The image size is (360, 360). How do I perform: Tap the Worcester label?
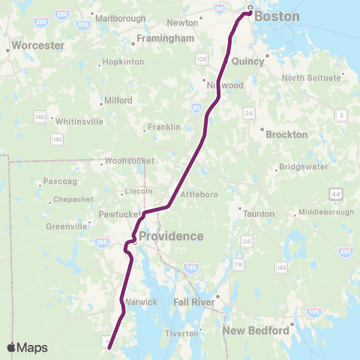[x=35, y=45]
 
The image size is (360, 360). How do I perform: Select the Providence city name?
[x=171, y=236]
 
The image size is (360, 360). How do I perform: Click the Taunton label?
[x=259, y=213]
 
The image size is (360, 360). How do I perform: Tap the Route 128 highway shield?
[x=203, y=58]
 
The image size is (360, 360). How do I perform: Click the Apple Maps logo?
[x=27, y=347]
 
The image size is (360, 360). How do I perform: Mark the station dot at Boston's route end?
[x=250, y=11]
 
